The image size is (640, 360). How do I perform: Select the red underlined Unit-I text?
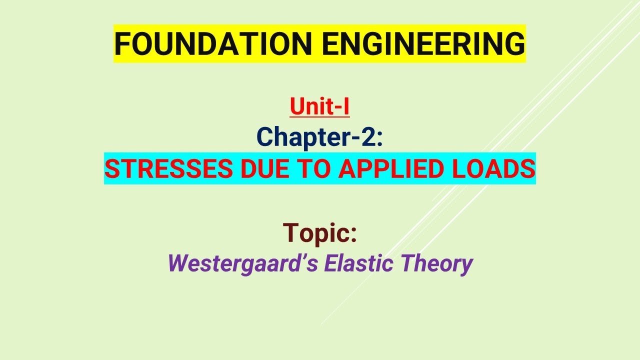pos(319,107)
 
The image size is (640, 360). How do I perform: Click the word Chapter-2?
pos(319,137)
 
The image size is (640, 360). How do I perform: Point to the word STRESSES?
pos(168,169)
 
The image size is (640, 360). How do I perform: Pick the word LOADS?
pos(498,169)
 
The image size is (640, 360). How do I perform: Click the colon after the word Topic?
pos(353,235)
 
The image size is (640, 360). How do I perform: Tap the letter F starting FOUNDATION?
pos(121,44)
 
